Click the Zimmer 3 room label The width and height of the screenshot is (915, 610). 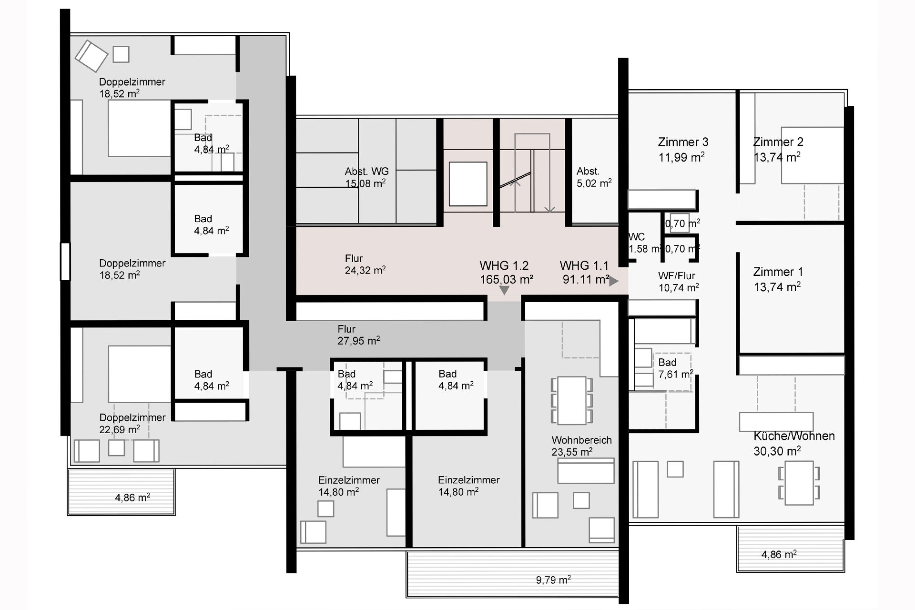click(683, 142)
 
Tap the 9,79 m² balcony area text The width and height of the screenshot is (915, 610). click(553, 580)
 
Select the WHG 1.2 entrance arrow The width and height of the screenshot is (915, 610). click(504, 290)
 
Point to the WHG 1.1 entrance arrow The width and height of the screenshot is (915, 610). click(614, 281)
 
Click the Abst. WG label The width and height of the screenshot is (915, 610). click(366, 172)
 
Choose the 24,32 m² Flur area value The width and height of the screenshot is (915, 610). click(365, 271)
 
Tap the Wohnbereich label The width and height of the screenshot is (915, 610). click(581, 440)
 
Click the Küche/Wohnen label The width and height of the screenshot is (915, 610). click(794, 436)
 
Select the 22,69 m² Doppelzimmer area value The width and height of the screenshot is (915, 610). click(120, 429)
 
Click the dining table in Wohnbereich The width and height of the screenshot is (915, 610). click(572, 400)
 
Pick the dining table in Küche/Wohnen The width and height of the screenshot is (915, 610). click(799, 483)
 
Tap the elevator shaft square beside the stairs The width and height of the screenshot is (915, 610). click(468, 183)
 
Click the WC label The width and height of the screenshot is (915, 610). click(637, 237)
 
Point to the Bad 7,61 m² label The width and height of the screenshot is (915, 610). click(675, 368)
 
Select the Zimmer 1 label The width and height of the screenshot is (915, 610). click(778, 272)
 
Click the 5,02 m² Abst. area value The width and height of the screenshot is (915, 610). click(594, 183)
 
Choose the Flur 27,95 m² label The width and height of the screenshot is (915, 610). click(358, 335)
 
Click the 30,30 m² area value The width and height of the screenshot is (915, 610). click(777, 451)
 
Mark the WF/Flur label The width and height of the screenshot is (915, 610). click(677, 276)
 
